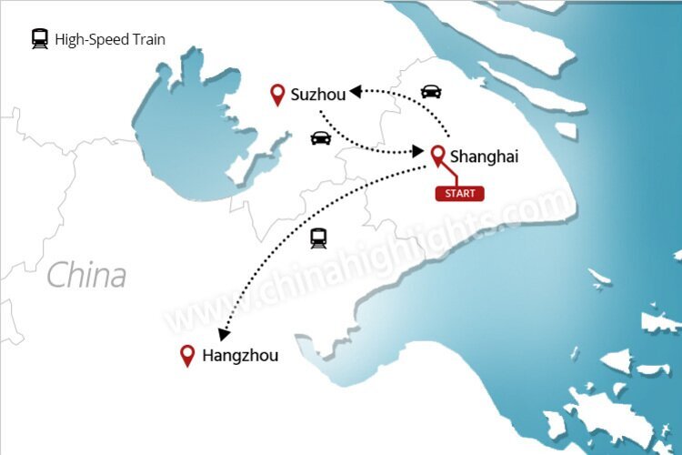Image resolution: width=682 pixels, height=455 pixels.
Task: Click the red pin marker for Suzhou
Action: (x=278, y=93)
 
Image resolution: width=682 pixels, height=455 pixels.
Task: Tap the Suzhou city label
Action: (x=318, y=94)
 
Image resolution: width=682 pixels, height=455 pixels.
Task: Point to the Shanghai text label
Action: (x=484, y=157)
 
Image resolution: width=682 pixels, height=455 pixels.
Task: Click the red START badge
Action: (x=459, y=193)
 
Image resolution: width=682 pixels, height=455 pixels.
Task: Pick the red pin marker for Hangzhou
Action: (x=188, y=355)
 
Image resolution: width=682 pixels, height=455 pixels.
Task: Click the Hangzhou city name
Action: (x=240, y=356)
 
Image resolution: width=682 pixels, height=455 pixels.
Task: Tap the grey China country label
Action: (x=86, y=275)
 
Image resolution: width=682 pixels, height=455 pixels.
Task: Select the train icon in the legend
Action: (x=39, y=39)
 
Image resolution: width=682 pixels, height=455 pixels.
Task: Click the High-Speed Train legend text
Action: (x=110, y=40)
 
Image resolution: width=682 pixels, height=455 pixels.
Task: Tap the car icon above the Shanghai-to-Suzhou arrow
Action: (x=431, y=91)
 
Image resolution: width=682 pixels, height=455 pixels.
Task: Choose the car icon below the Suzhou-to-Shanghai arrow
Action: (x=320, y=138)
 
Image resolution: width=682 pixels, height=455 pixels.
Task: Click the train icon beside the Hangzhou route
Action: (x=318, y=239)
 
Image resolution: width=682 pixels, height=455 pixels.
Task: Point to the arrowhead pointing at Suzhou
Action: (x=356, y=91)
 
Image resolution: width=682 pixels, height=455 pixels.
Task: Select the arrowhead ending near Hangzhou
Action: (x=224, y=334)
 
